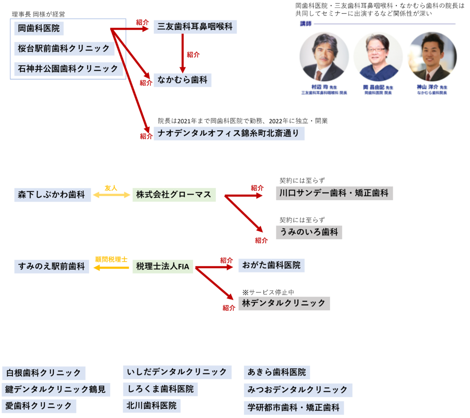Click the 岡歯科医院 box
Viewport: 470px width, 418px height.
pos(39,28)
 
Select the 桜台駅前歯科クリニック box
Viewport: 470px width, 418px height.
pos(64,49)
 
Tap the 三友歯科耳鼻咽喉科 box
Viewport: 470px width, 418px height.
pos(195,27)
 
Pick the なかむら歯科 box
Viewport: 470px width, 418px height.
pos(182,80)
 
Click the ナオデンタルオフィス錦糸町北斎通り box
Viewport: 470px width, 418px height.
pos(229,134)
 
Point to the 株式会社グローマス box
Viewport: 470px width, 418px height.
pos(174,195)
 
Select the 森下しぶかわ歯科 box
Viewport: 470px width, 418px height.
pos(52,195)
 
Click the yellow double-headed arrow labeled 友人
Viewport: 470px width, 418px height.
pos(112,195)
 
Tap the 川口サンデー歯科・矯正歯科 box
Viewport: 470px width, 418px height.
pos(334,193)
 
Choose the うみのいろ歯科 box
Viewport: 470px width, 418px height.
pos(308,232)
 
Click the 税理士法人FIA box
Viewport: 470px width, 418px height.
pos(162,266)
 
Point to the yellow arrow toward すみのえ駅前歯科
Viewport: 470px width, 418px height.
pos(111,267)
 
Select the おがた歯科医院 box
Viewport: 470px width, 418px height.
pos(271,265)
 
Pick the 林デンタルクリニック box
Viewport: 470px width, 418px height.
pos(284,303)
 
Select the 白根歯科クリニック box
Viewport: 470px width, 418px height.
pos(44,373)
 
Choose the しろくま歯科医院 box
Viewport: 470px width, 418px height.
pos(160,389)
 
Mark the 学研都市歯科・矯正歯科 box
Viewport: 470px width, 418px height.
pos(293,407)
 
